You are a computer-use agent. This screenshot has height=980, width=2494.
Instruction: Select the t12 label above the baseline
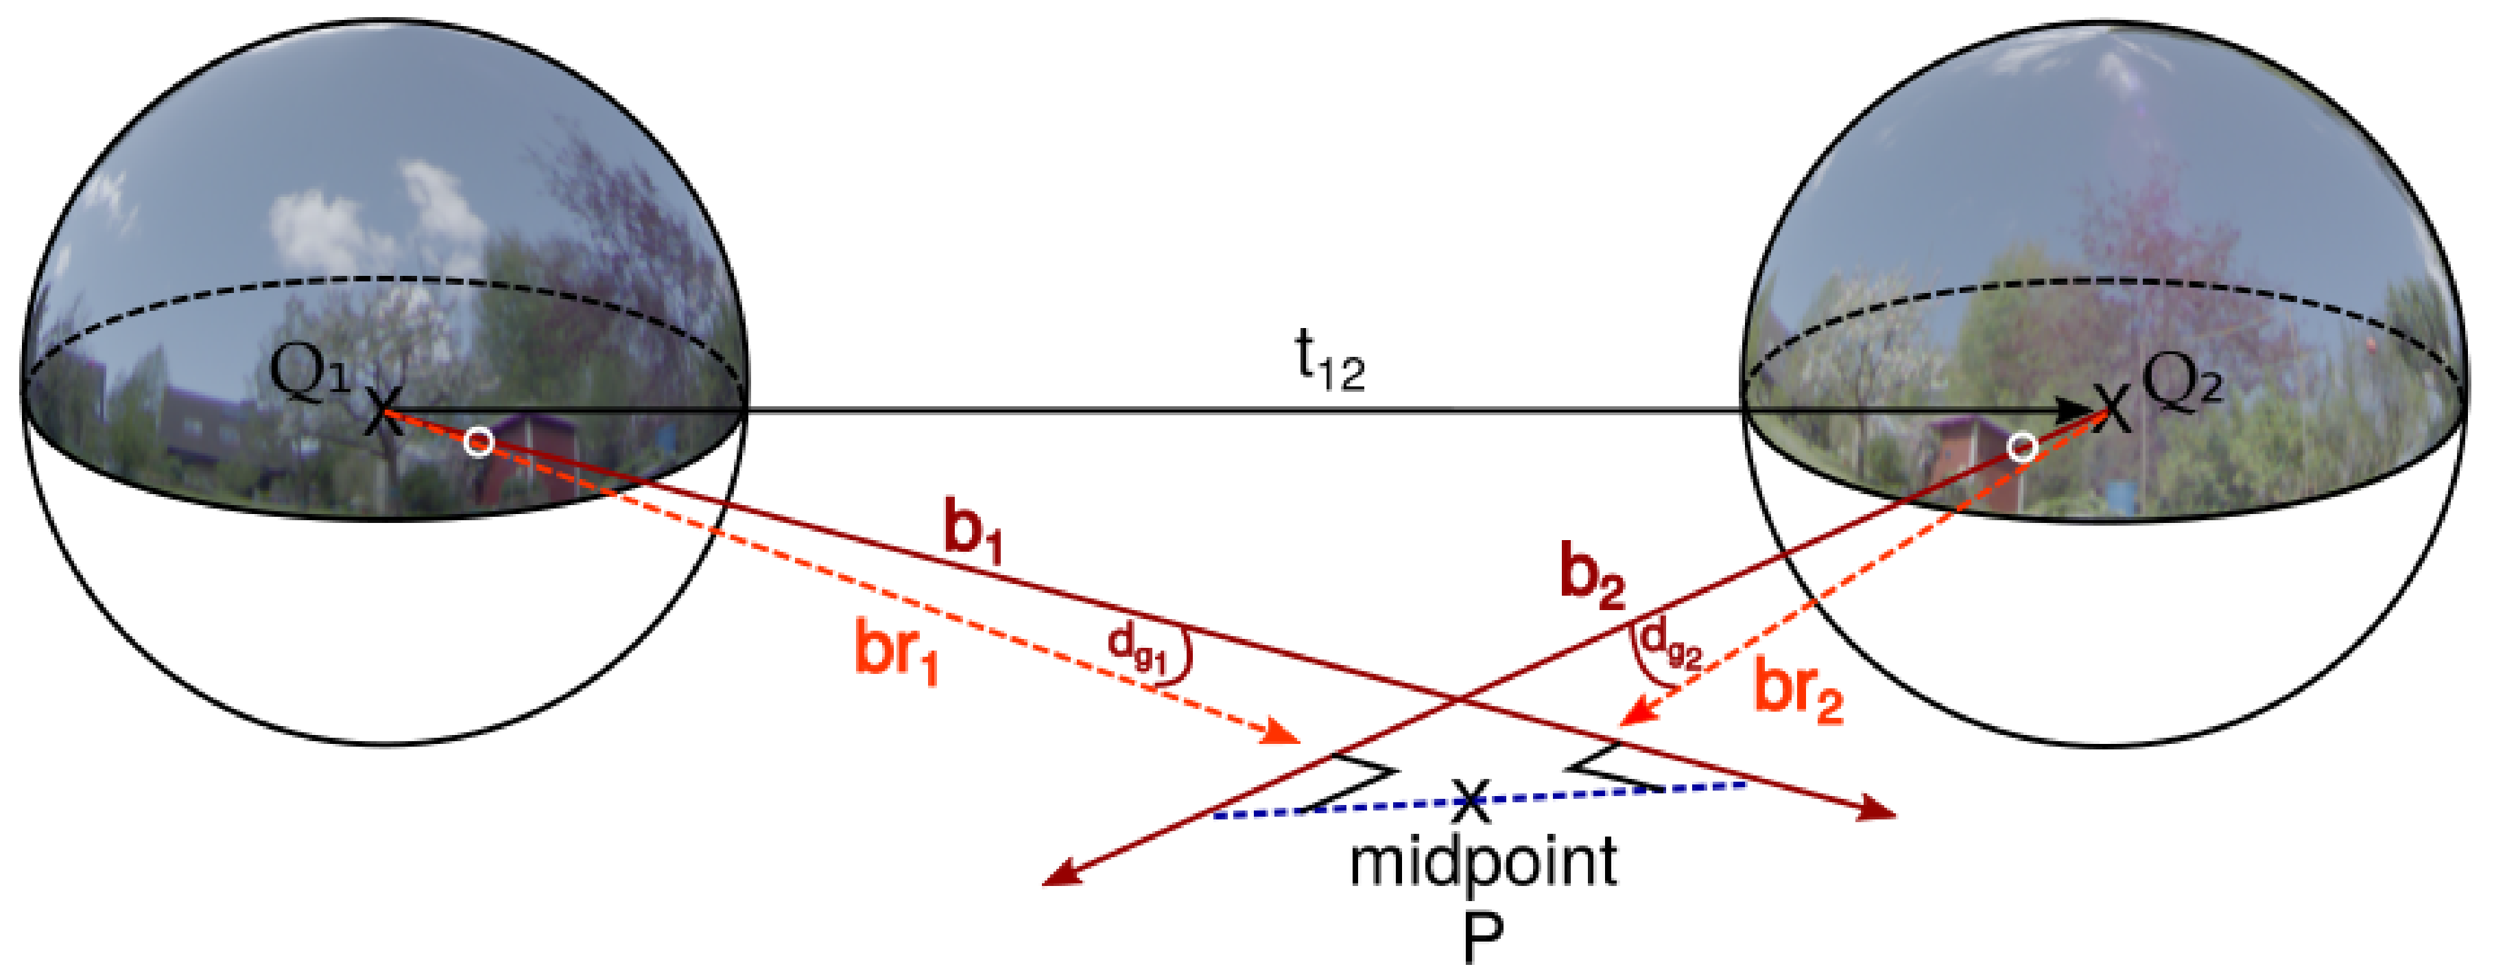click(1330, 361)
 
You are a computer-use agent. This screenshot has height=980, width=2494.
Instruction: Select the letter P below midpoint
click(1482, 938)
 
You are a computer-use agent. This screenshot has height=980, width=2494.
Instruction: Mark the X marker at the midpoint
click(1471, 798)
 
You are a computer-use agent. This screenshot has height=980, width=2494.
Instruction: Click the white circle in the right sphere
click(2021, 447)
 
